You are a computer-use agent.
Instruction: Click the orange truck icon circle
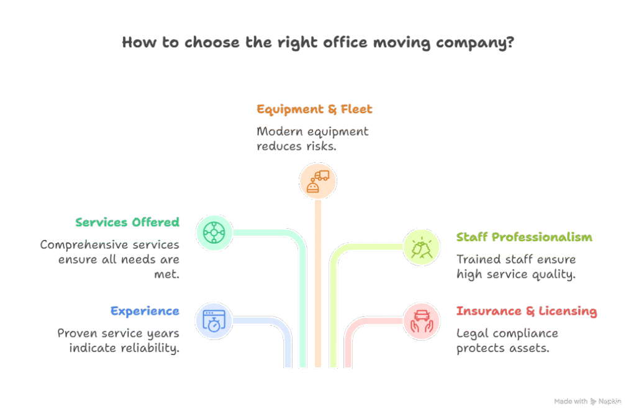click(x=317, y=182)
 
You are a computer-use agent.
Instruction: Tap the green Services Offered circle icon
click(x=214, y=233)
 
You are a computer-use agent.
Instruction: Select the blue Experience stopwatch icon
click(x=214, y=321)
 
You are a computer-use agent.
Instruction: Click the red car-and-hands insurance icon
click(x=421, y=321)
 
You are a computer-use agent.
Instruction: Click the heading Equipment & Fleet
click(x=314, y=109)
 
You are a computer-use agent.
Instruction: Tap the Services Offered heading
click(x=127, y=222)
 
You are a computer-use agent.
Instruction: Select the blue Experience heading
click(x=145, y=311)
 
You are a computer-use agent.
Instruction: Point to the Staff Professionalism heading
click(x=524, y=237)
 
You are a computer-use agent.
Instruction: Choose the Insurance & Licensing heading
click(x=526, y=311)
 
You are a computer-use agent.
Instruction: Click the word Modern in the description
click(x=279, y=132)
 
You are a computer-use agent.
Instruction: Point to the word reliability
click(x=150, y=348)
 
